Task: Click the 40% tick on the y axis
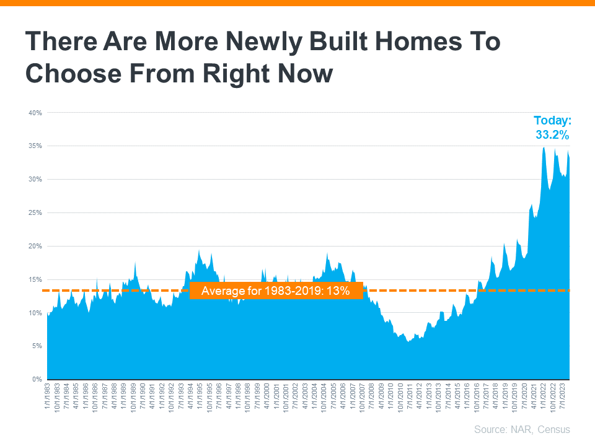click(x=35, y=113)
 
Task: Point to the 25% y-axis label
click(x=35, y=212)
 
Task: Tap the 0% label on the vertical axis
click(x=37, y=379)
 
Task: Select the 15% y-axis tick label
click(x=35, y=279)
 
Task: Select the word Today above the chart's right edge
click(x=552, y=121)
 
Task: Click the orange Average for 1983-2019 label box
click(x=276, y=291)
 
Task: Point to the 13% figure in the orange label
click(x=341, y=291)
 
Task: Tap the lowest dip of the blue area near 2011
click(x=408, y=341)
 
